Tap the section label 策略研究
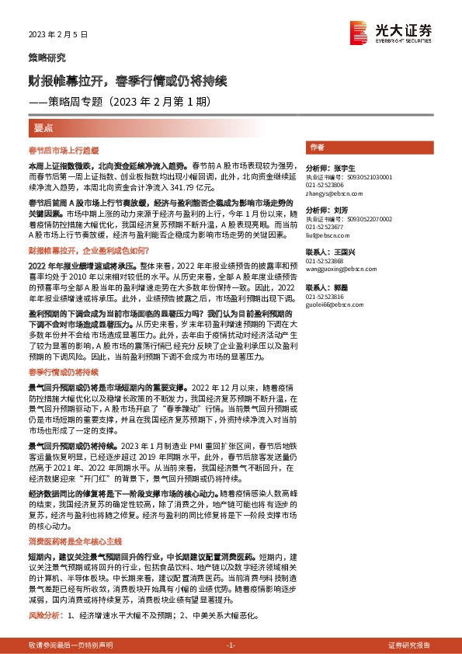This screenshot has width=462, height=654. pos(47,58)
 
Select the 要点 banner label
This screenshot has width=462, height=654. pos(43,127)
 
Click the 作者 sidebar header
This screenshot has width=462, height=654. pos(316,147)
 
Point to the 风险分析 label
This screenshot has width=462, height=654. pos(43,615)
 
